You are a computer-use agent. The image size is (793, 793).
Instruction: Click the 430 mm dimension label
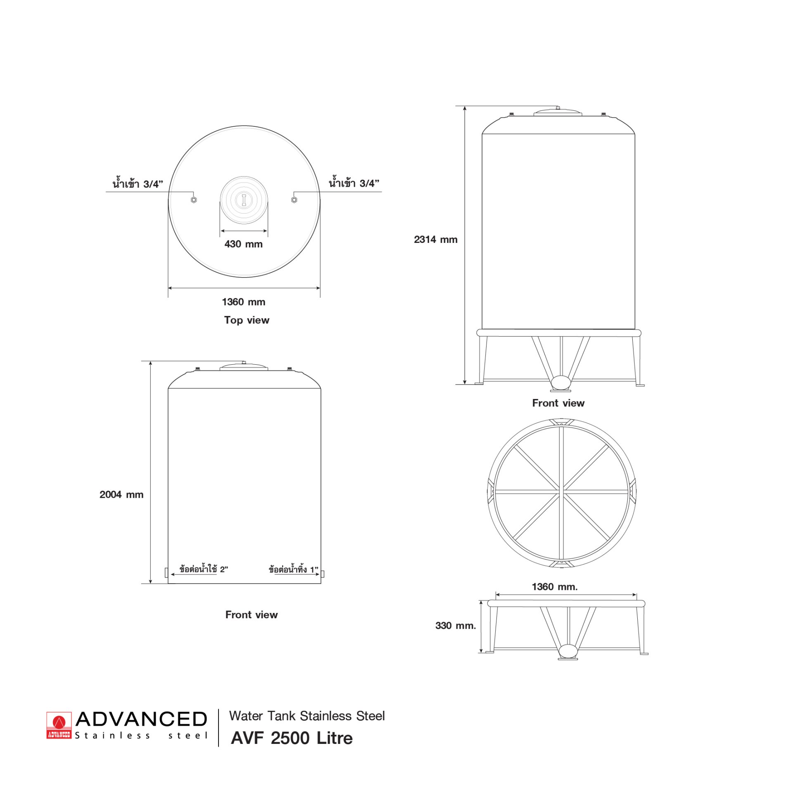(x=243, y=244)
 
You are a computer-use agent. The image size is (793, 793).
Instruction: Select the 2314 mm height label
(x=436, y=240)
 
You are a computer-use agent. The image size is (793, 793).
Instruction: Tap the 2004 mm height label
(x=121, y=494)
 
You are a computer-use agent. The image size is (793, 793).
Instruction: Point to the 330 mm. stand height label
(x=456, y=626)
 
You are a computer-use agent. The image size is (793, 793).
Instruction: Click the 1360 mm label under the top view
(x=244, y=302)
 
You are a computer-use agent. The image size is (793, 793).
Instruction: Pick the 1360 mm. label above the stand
(x=555, y=586)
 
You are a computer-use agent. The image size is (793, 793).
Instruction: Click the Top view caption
(x=247, y=320)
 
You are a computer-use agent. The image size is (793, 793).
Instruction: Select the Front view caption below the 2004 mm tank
(x=252, y=615)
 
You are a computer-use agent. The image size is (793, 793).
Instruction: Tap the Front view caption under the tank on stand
(x=558, y=403)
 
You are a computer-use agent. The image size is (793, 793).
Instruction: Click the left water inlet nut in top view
(x=194, y=200)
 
